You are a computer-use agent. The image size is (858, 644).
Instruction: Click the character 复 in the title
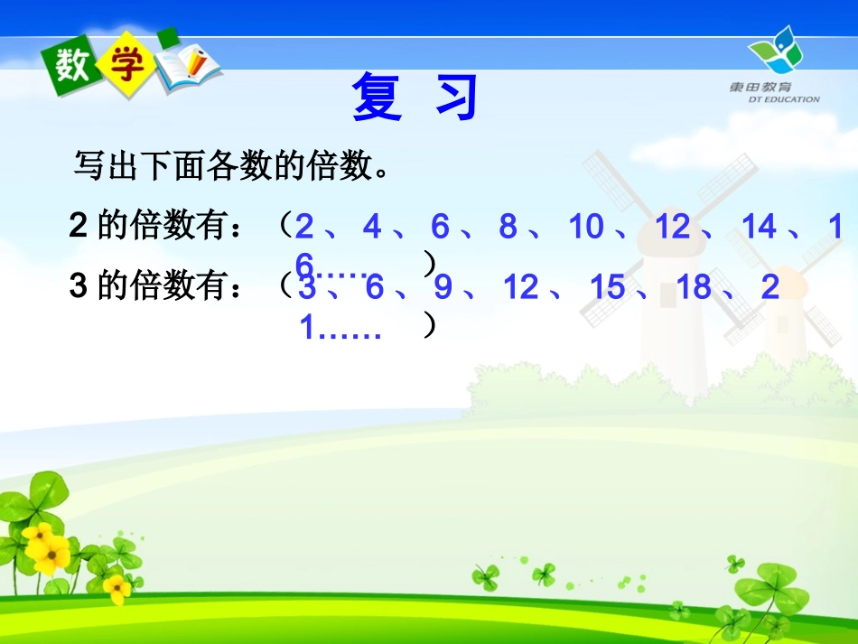pyautogui.click(x=377, y=97)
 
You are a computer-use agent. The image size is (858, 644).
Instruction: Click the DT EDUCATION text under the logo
pyautogui.click(x=782, y=99)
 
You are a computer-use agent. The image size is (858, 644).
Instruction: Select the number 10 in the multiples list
pyautogui.click(x=585, y=227)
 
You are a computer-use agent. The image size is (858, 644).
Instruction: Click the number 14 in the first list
pyautogui.click(x=759, y=227)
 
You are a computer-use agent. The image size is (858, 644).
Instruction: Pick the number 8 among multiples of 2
pyautogui.click(x=508, y=227)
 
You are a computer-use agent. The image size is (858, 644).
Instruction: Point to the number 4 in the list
pyautogui.click(x=371, y=227)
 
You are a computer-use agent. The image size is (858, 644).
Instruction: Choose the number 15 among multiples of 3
pyautogui.click(x=607, y=287)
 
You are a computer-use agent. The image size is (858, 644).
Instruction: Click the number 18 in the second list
pyautogui.click(x=694, y=287)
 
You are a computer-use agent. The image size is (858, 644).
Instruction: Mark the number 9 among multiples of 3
pyautogui.click(x=443, y=287)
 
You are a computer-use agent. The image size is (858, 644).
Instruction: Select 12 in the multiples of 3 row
pyautogui.click(x=520, y=287)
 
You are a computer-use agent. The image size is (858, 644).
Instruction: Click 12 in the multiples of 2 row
pyautogui.click(x=672, y=227)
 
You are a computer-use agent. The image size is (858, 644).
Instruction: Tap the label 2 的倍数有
pyautogui.click(x=154, y=226)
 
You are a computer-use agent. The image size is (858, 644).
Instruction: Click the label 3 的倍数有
pyautogui.click(x=154, y=286)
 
